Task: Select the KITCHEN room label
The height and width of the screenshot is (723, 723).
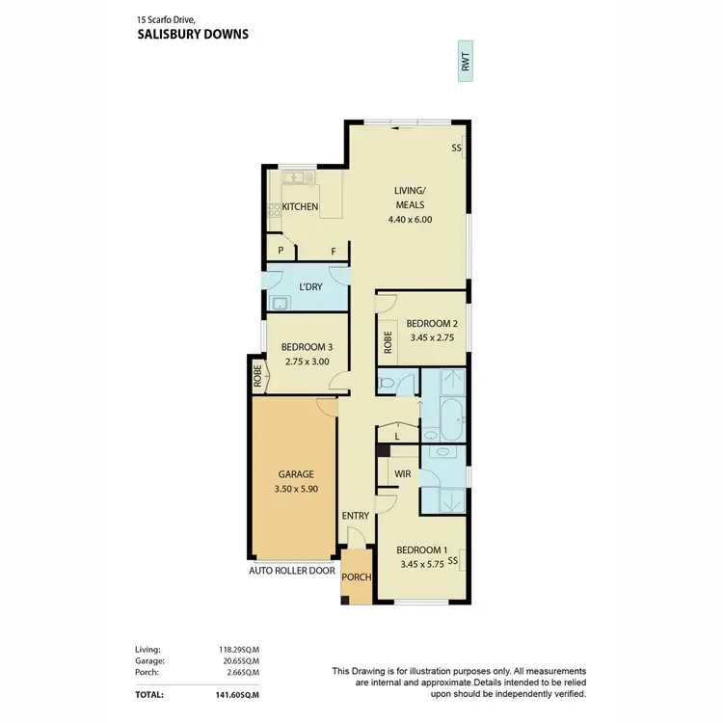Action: tap(300, 207)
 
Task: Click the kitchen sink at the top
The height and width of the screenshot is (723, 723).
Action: tap(294, 177)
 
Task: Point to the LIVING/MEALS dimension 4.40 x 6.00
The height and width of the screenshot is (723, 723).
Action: tap(409, 219)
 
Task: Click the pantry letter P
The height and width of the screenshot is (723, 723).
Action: tap(281, 251)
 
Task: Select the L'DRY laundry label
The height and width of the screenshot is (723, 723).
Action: tap(310, 287)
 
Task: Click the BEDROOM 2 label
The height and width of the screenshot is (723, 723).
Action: tap(431, 324)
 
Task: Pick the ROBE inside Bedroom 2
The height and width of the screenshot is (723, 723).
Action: tap(388, 340)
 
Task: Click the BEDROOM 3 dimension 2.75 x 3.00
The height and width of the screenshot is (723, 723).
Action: tap(307, 362)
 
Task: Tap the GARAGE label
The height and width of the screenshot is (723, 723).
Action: tap(297, 475)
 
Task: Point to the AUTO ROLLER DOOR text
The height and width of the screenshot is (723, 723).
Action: tap(292, 571)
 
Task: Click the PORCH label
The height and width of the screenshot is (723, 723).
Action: tap(357, 577)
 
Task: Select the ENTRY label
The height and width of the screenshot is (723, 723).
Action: tap(355, 516)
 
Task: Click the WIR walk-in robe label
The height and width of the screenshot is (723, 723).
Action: tap(404, 474)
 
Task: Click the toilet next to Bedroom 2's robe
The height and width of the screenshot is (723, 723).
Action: tap(387, 383)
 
